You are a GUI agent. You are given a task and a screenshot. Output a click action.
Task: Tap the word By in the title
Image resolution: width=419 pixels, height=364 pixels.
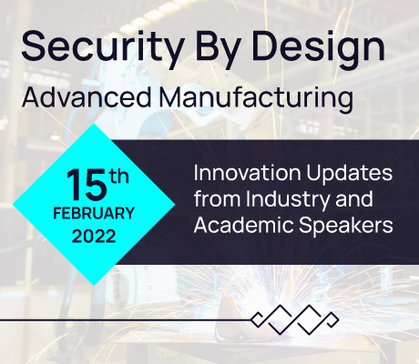[218, 48]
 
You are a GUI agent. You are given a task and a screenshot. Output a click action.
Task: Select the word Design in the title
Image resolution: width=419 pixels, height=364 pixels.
[319, 48]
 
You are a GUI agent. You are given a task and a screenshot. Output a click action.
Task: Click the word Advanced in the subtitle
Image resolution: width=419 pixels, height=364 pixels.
[87, 97]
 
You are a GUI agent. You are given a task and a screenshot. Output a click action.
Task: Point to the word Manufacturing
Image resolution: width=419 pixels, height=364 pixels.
[256, 98]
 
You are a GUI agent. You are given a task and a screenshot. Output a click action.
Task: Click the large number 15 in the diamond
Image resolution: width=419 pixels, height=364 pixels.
[87, 185]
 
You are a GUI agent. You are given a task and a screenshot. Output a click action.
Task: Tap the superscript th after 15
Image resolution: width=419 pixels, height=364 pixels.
[119, 176]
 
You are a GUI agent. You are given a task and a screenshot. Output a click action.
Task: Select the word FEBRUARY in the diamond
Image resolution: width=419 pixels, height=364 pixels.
[94, 213]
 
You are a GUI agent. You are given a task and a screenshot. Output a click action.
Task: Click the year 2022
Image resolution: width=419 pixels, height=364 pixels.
[94, 236]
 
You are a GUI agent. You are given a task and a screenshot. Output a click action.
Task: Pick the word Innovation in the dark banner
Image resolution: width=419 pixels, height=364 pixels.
[247, 173]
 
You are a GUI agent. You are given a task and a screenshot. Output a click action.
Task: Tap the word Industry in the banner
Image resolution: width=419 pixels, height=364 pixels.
[288, 200]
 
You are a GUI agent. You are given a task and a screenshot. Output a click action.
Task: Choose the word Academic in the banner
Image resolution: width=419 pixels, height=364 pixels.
[243, 225]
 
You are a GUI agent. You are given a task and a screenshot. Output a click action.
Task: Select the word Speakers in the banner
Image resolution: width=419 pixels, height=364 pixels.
[345, 227]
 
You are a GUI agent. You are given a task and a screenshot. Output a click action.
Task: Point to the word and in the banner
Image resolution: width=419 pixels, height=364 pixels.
[354, 199]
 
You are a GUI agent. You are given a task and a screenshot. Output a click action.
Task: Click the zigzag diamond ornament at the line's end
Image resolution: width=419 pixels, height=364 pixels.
[294, 319]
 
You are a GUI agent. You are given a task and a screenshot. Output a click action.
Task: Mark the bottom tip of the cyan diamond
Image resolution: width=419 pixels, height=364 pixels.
[94, 286]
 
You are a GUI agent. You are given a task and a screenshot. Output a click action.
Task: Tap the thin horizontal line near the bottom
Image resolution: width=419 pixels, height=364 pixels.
[126, 319]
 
